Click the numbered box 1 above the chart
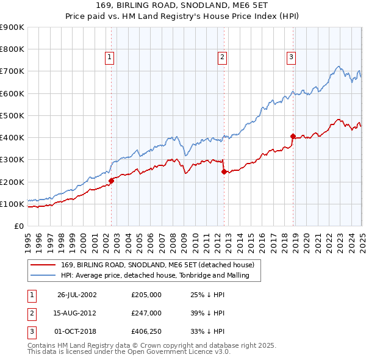[109, 57]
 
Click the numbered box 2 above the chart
[221, 57]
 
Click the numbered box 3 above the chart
[291, 57]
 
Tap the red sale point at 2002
[112, 181]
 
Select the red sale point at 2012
[224, 171]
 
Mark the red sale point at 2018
[293, 136]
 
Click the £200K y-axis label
[12, 182]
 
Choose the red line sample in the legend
[43, 265]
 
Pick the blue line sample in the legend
[43, 276]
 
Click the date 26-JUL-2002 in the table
[77, 295]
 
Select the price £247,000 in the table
[146, 313]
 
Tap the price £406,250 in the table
[146, 331]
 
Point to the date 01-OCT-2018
[77, 331]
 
